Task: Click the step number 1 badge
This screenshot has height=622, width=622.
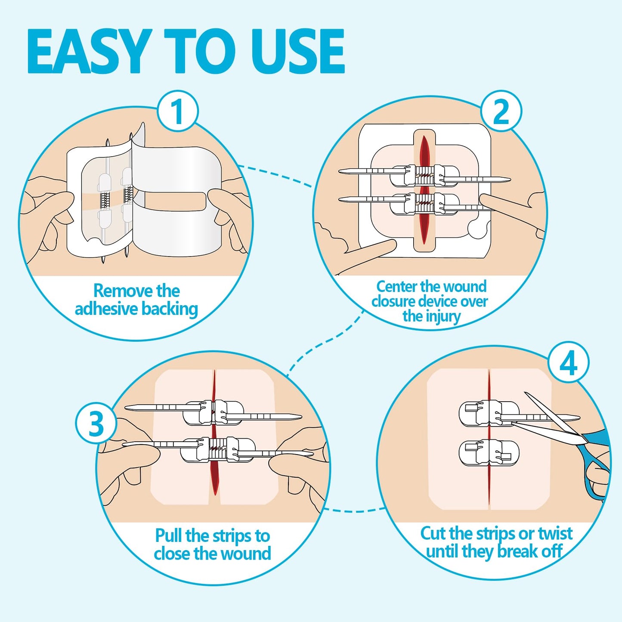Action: coord(177,111)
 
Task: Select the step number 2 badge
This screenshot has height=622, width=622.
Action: coord(501,111)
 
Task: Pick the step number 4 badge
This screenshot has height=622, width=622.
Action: coord(568,364)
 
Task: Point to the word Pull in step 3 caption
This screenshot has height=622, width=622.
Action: coord(169,536)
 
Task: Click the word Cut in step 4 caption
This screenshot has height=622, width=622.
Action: coord(433,534)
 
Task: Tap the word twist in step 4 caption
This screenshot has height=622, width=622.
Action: coord(555,534)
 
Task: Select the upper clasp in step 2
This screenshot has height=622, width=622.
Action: coord(424,175)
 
